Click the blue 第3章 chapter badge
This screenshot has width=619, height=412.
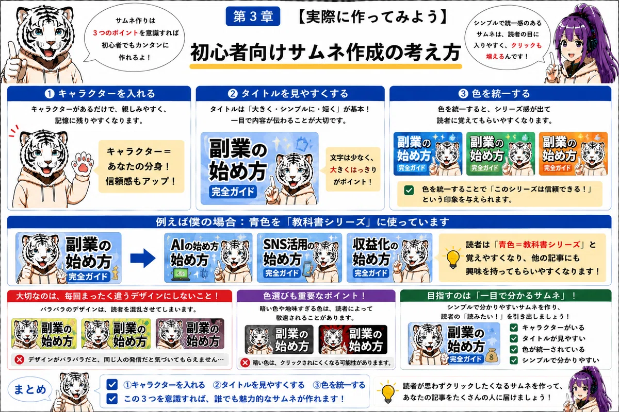[253, 16]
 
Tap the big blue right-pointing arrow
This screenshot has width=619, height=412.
[143, 259]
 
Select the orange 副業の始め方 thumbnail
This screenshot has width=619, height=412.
[573, 153]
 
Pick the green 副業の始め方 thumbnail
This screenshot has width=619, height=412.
[500, 153]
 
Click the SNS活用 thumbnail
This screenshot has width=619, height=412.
[299, 257]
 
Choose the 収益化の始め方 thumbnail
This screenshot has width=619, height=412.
[389, 257]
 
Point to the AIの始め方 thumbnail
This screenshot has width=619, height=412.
[208, 257]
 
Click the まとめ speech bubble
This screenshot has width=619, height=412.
[30, 389]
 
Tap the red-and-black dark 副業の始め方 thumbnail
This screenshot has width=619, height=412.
[353, 339]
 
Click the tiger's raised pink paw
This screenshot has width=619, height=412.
[82, 164]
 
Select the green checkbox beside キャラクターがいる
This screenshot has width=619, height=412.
[514, 328]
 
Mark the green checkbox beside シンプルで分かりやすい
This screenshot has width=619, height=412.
[514, 360]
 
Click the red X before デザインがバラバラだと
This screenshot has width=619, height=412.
[20, 359]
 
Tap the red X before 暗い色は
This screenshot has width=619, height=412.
[245, 363]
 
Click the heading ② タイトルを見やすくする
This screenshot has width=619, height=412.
[288, 94]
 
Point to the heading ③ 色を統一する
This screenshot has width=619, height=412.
[494, 94]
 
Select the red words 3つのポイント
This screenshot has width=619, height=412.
[115, 33]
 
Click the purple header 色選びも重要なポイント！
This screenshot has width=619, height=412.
[316, 296]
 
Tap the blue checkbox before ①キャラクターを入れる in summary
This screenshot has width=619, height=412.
[112, 384]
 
